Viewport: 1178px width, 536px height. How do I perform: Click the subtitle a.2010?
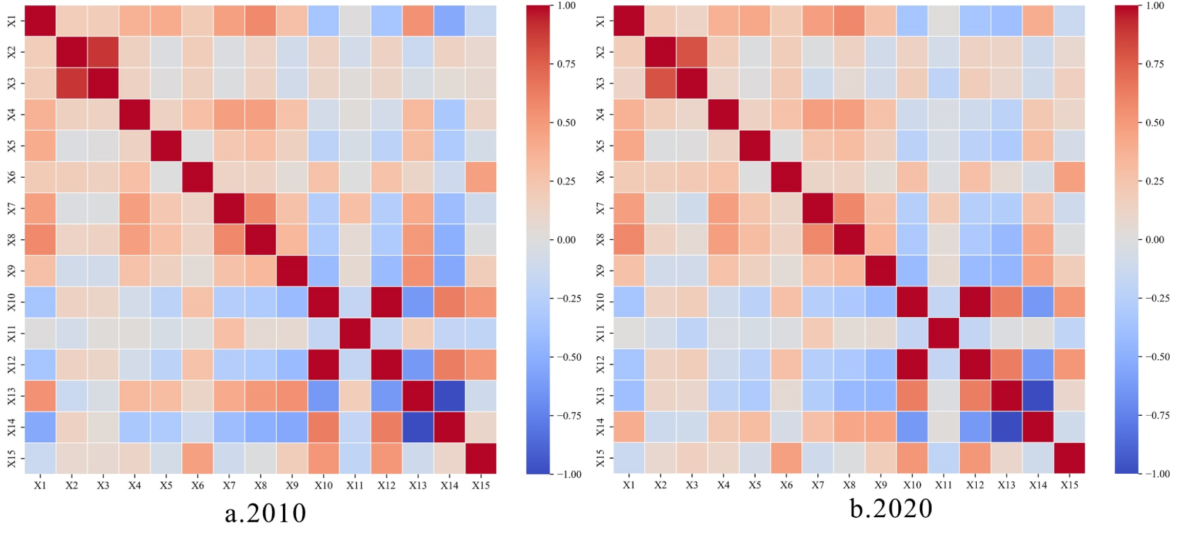265,514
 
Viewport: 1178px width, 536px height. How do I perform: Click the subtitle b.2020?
891,508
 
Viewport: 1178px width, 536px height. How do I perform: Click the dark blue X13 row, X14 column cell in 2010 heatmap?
449,396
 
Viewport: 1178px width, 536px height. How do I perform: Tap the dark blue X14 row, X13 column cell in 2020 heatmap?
1007,427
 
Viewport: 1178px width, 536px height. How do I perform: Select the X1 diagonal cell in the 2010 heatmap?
40,21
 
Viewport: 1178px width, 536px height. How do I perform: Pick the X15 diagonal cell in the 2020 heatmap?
1069,458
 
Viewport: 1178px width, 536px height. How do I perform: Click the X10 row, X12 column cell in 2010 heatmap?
386,302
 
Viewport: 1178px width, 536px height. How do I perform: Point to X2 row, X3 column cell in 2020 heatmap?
692,52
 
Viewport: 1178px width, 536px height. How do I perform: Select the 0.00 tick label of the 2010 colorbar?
566,240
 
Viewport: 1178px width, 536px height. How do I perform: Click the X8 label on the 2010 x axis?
260,486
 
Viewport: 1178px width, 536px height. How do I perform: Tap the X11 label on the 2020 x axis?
944,485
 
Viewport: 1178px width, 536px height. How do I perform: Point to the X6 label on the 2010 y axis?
12,177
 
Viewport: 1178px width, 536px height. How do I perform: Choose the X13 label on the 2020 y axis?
600,396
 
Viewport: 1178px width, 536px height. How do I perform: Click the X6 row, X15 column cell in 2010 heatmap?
481,177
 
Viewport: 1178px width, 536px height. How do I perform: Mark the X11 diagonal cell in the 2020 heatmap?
944,333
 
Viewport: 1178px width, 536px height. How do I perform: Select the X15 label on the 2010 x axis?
481,486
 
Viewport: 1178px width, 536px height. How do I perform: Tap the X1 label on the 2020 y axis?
600,21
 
